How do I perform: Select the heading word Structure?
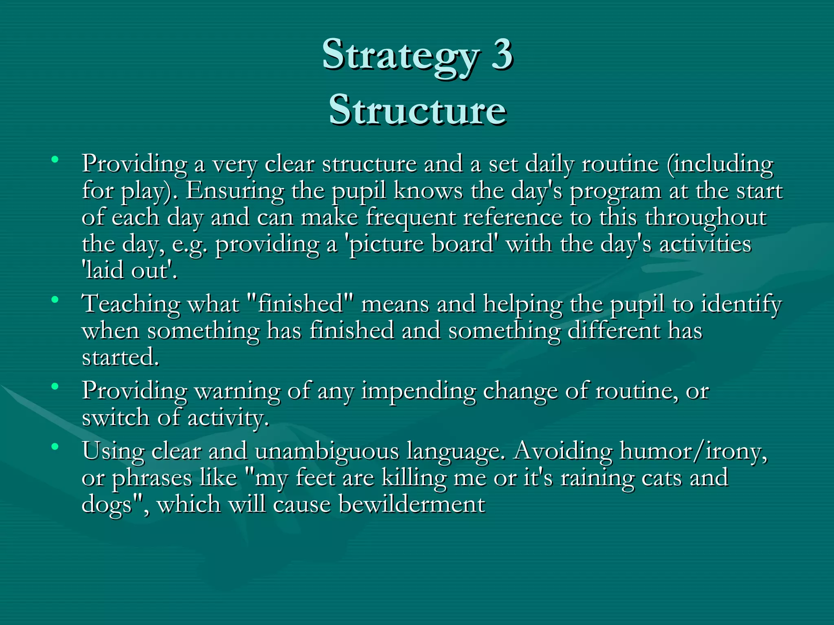[x=417, y=110]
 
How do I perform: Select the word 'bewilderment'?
[x=412, y=505]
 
